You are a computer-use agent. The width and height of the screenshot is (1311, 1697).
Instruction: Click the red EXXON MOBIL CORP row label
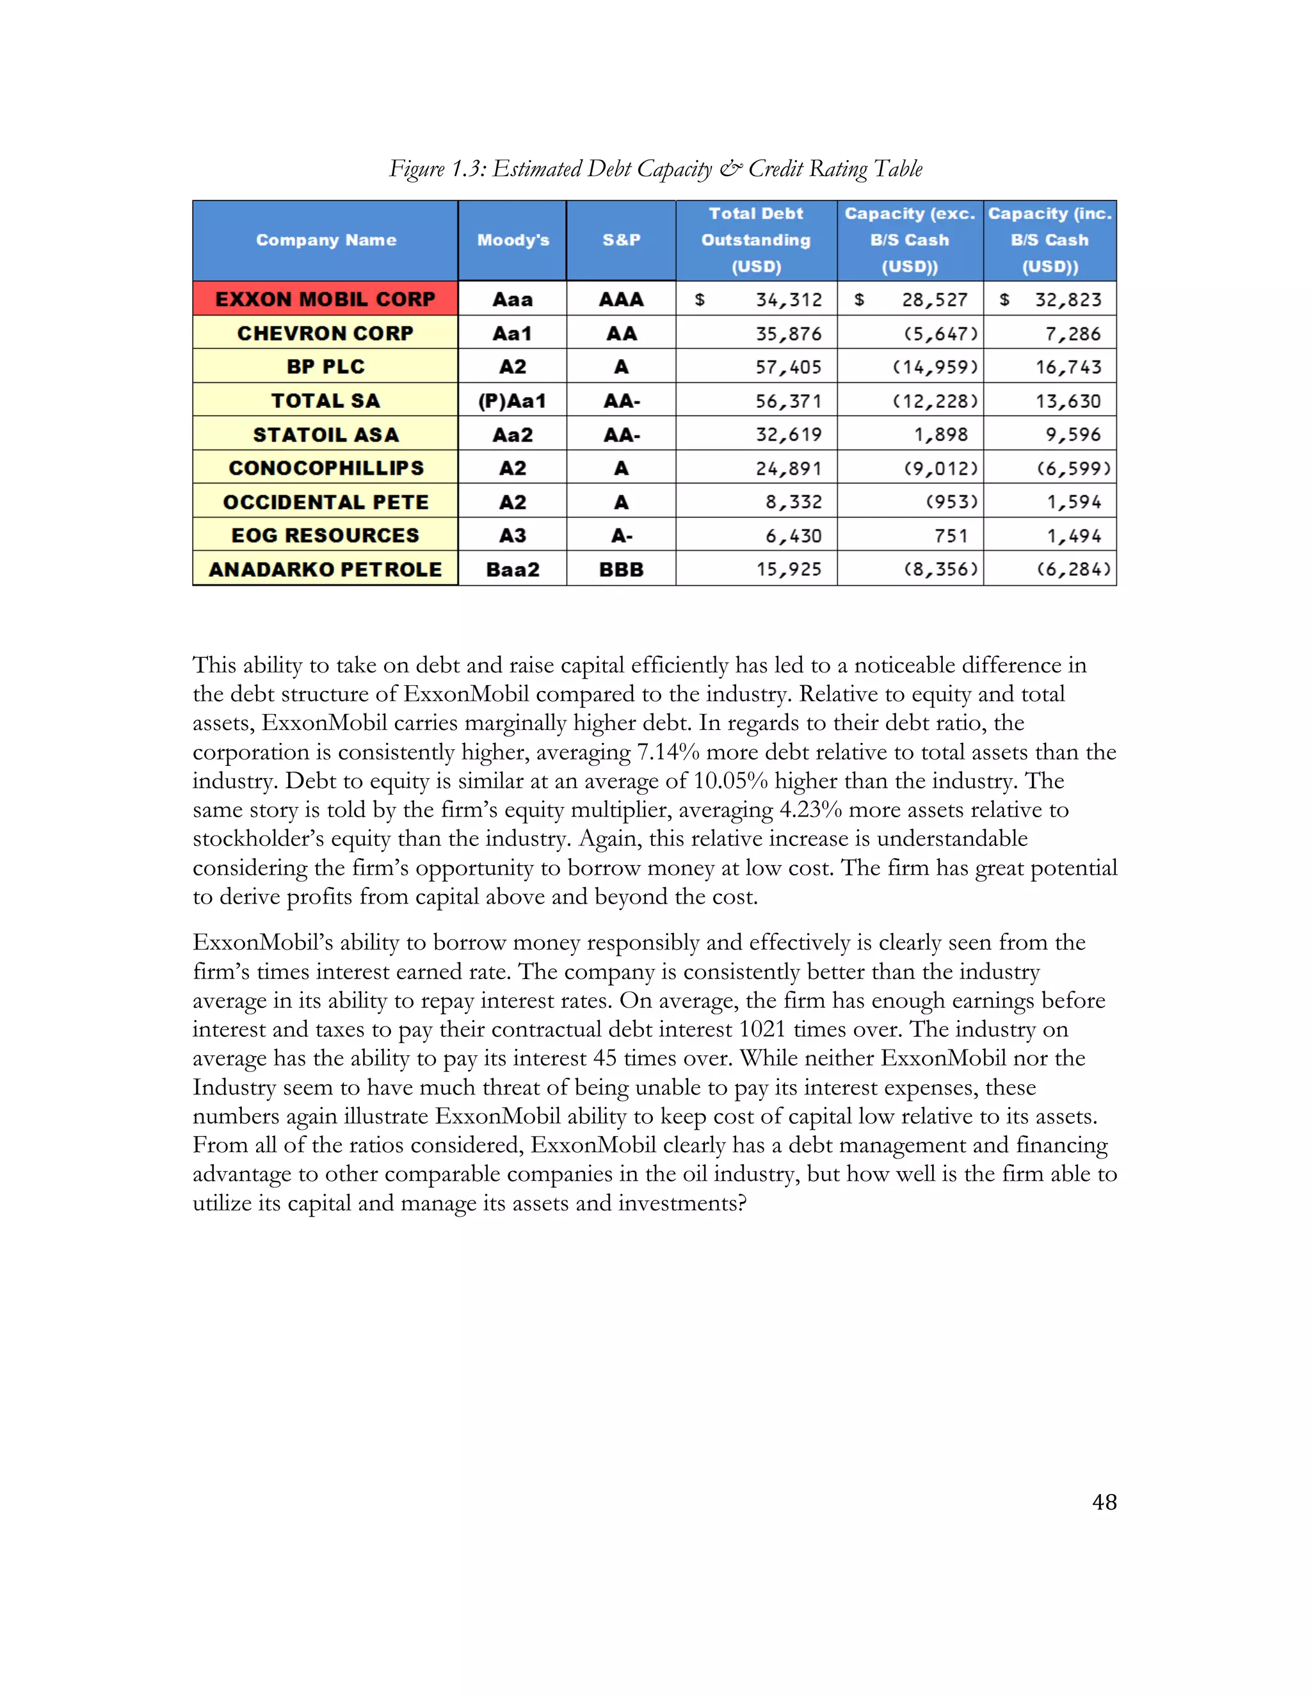(x=325, y=299)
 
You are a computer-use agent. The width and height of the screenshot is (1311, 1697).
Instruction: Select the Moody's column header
(x=513, y=240)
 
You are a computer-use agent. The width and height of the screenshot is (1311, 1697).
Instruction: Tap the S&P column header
(x=622, y=240)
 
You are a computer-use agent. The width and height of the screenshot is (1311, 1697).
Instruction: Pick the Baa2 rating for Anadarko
(x=513, y=569)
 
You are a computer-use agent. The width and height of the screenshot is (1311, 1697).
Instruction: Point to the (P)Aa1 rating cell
(x=513, y=401)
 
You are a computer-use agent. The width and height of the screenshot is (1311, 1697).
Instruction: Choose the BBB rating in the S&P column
(x=622, y=569)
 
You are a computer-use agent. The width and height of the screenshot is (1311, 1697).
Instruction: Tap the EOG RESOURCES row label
(x=325, y=535)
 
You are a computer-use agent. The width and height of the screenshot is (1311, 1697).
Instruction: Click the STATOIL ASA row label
(x=325, y=435)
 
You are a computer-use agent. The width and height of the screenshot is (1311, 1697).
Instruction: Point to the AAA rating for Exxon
(x=622, y=299)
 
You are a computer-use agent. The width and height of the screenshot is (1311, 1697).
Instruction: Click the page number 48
(x=1104, y=1502)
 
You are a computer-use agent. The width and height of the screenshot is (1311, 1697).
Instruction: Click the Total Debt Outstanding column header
(x=756, y=240)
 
